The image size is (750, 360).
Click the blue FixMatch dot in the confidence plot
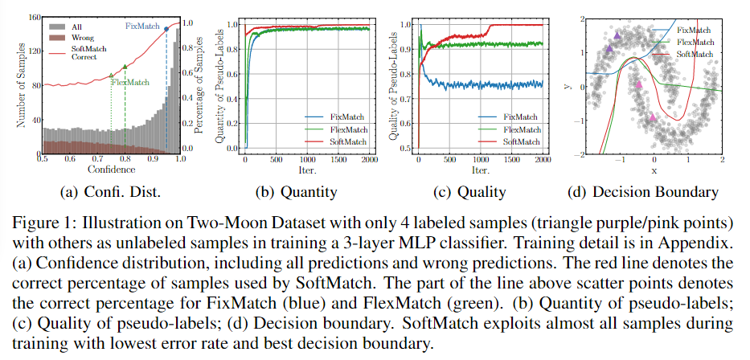point(166,29)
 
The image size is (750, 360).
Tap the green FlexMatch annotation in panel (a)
point(130,82)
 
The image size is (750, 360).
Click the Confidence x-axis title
point(110,170)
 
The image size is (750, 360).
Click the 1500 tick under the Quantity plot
point(338,160)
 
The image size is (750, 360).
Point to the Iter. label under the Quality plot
point(481,170)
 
